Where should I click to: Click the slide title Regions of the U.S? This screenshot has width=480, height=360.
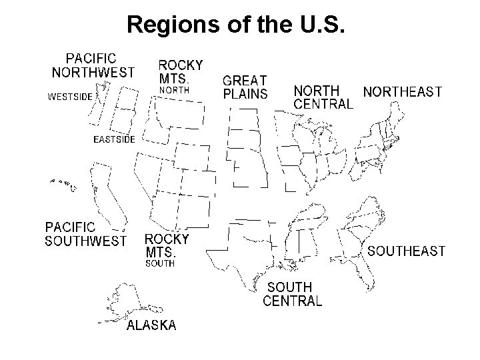pyautogui.click(x=235, y=25)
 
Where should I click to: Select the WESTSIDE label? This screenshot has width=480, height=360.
pyautogui.click(x=69, y=96)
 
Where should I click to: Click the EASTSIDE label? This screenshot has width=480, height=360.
pyautogui.click(x=114, y=139)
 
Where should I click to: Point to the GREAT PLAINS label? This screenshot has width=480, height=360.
pyautogui.click(x=245, y=87)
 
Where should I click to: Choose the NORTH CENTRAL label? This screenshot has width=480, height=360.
pyautogui.click(x=323, y=97)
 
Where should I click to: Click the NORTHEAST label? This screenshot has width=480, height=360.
pyautogui.click(x=402, y=91)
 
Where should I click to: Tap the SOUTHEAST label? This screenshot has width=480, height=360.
pyautogui.click(x=406, y=251)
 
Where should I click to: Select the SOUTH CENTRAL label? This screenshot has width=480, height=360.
pyautogui.click(x=292, y=293)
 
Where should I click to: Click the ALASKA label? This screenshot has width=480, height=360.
pyautogui.click(x=151, y=325)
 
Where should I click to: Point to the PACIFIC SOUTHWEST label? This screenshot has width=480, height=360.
pyautogui.click(x=85, y=234)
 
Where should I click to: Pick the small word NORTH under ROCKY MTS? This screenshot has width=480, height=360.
pyautogui.click(x=174, y=89)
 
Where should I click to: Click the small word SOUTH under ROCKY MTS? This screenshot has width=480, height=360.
pyautogui.click(x=160, y=263)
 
